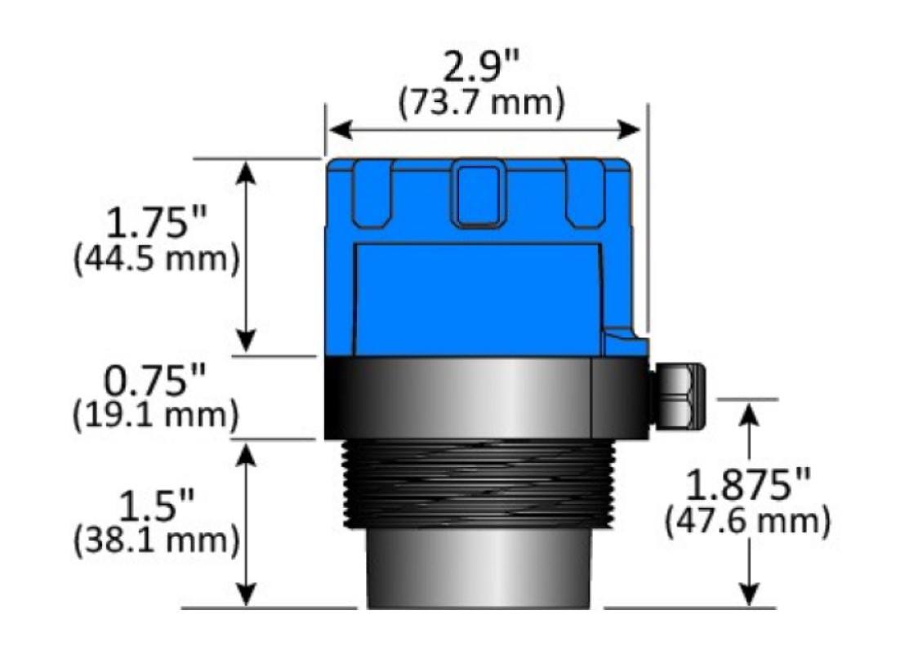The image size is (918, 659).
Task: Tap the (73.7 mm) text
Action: pos(481,104)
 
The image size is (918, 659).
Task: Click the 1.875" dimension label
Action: pos(747,488)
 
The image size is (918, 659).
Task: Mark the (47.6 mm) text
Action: pos(747,521)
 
